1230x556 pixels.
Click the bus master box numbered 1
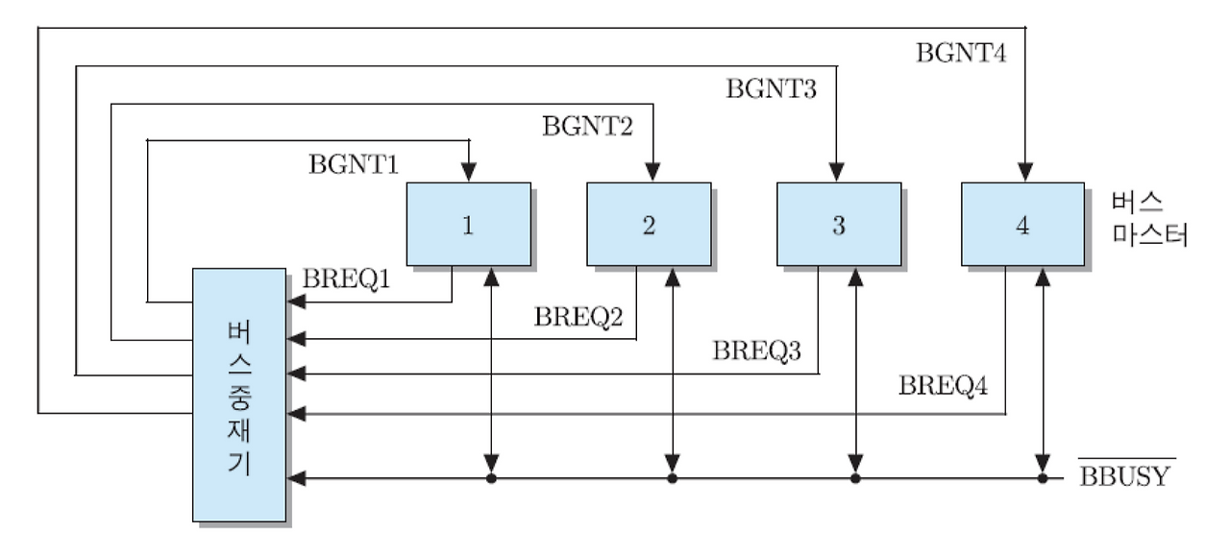[468, 224]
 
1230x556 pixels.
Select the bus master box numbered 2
[649, 224]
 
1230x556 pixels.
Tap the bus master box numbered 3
[839, 224]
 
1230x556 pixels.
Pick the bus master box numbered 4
[1022, 224]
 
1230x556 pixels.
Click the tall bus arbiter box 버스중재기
[239, 395]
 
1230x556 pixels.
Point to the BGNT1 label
[354, 164]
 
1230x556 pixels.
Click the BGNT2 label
[587, 126]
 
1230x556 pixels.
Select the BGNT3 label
[771, 89]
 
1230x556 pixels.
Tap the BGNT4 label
[962, 53]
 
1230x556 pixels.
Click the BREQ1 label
[347, 280]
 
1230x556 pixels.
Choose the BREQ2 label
[578, 316]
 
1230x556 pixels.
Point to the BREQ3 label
[758, 351]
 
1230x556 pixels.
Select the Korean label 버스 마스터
[1148, 219]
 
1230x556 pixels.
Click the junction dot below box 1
[491, 477]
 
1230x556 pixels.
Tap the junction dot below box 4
[1043, 477]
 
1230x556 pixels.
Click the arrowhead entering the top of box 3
[835, 174]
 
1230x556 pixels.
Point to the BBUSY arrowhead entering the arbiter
[296, 477]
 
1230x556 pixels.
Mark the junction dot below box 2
[673, 477]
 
